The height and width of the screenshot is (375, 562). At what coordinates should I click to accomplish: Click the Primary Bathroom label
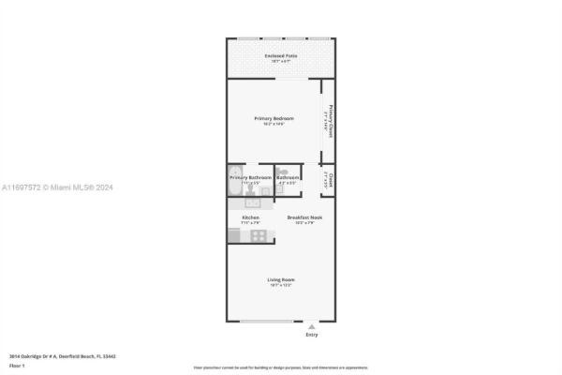251,177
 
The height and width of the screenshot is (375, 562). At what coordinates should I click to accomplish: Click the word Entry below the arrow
312,336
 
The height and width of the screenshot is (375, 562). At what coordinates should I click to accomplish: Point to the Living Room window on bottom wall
265,322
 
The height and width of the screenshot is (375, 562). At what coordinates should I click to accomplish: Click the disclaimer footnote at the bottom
280,367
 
